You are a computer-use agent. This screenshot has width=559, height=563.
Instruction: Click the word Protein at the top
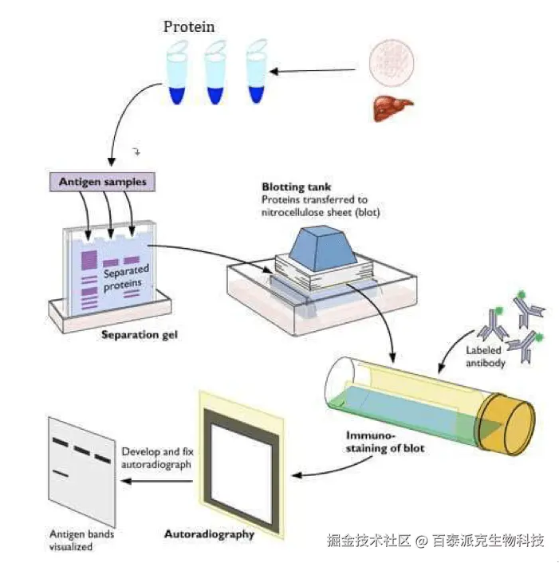point(189,26)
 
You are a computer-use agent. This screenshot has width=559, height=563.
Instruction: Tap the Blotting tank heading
point(297,187)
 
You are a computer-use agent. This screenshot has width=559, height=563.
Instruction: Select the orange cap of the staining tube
point(510,422)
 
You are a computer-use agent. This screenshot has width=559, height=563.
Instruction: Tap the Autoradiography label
point(208,533)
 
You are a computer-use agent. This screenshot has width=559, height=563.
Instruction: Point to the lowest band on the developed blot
point(61,474)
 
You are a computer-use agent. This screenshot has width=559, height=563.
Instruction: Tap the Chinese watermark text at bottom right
point(435,541)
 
